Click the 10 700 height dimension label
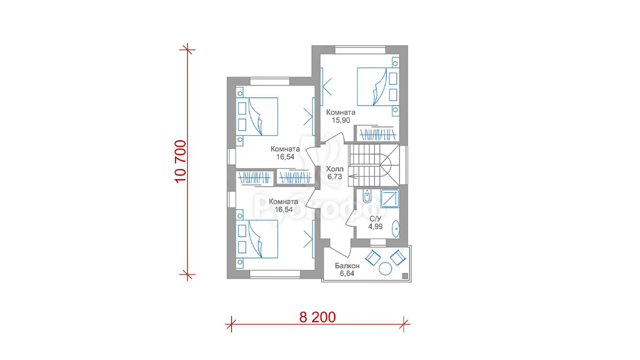pos(180,162)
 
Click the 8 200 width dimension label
pos(317,317)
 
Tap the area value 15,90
pos(341,121)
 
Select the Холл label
pos(335,169)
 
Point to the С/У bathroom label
pos(375,219)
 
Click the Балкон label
pos(347,266)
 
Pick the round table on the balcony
pos(385,269)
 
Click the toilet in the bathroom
pos(367,196)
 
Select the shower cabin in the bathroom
pos(390,198)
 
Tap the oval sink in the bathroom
pos(395,229)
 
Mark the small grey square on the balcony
pos(405,276)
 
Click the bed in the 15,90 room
pos(377,86)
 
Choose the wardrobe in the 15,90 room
pos(377,134)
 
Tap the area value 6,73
pos(334,177)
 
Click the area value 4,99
pos(375,227)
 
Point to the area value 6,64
pos(347,274)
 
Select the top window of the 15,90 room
pos(361,50)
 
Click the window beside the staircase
pos(403,165)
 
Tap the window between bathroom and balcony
pos(378,242)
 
